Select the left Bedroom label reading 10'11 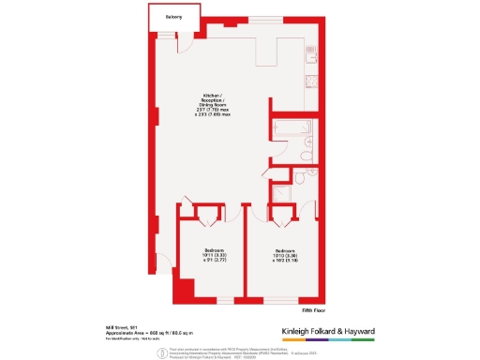point(216,255)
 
